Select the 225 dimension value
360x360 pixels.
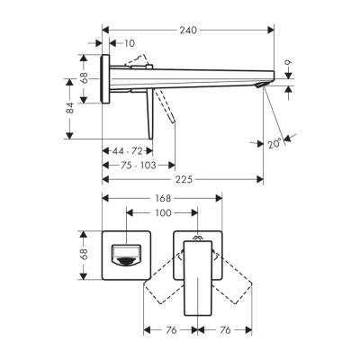pyautogui.click(x=184, y=177)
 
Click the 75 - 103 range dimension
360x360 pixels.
pyautogui.click(x=127, y=166)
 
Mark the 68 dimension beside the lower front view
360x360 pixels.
pyautogui.click(x=83, y=258)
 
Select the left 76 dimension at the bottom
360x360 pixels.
pyautogui.click(x=171, y=329)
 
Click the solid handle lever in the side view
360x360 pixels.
pyautogui.click(x=146, y=115)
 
